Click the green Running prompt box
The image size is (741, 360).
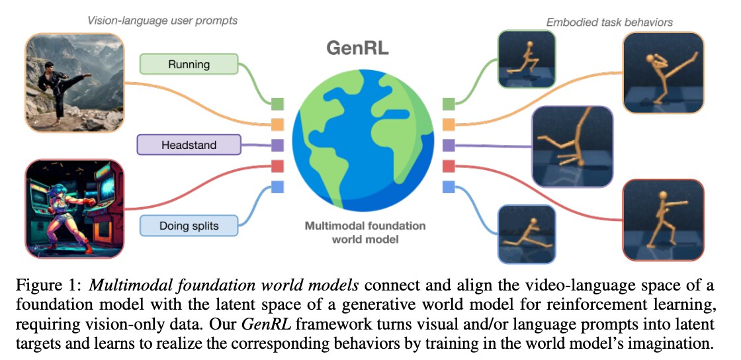pos(189,64)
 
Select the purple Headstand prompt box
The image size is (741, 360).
pos(189,144)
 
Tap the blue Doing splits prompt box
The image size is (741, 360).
pos(189,226)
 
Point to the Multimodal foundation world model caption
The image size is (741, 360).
pos(365,232)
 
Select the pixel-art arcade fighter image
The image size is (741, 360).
pos(75,207)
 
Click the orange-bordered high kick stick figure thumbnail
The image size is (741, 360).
pos(664,73)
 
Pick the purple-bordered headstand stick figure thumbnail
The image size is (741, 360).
pos(572,146)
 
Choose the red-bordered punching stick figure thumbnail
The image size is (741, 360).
pos(664,219)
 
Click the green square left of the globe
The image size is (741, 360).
pos(278,103)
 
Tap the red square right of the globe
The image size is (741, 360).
pos(448,165)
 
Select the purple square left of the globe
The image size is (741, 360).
pos(278,145)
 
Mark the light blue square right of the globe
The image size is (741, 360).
pos(448,187)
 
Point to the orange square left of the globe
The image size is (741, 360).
pos(278,124)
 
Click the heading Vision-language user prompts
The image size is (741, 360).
pos(163,21)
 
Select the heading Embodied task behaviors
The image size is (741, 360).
pos(609,22)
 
